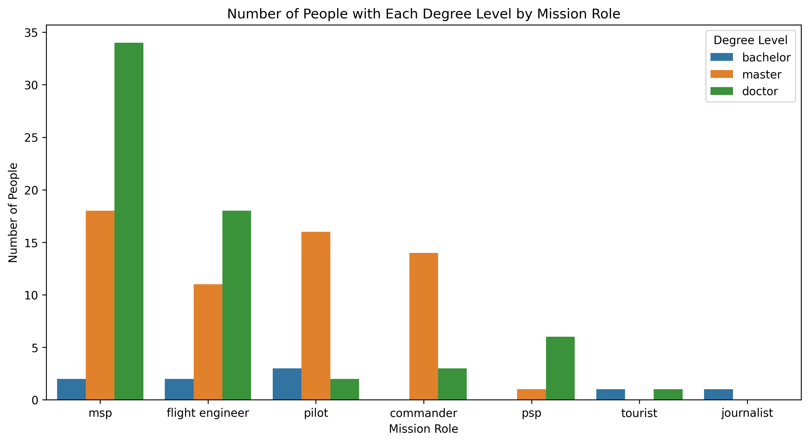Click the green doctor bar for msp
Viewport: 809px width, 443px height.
point(129,221)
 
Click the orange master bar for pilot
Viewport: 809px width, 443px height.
point(316,316)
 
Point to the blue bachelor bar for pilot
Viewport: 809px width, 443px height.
point(287,384)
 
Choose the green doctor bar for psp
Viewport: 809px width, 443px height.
point(560,368)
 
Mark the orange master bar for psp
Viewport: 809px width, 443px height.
point(531,394)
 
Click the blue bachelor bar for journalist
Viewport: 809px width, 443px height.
point(718,394)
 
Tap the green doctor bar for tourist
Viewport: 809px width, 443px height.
point(668,394)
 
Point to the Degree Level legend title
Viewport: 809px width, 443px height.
point(750,40)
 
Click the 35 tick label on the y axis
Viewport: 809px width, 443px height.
point(31,33)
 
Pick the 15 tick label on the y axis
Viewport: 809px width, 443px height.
point(31,243)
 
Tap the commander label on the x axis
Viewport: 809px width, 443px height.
point(423,413)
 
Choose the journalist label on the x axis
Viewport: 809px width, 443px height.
point(747,413)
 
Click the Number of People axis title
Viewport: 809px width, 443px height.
point(13,213)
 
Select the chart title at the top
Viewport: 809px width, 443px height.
point(423,14)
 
